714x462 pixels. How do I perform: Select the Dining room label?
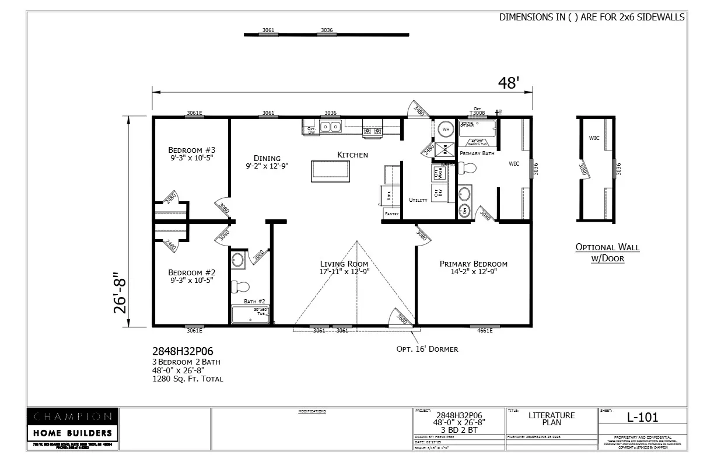coord(267,158)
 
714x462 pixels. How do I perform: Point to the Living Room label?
coord(344,264)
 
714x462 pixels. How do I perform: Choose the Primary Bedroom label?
coord(473,264)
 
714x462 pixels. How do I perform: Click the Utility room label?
coord(418,200)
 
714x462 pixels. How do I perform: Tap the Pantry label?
coord(391,214)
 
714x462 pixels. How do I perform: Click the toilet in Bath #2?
coord(239,286)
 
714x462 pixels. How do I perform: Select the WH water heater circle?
coord(446,129)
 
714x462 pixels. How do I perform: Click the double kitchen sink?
coord(333,126)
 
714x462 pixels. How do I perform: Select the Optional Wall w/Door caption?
coord(607,252)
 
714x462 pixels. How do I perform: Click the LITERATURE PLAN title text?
coord(551,419)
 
